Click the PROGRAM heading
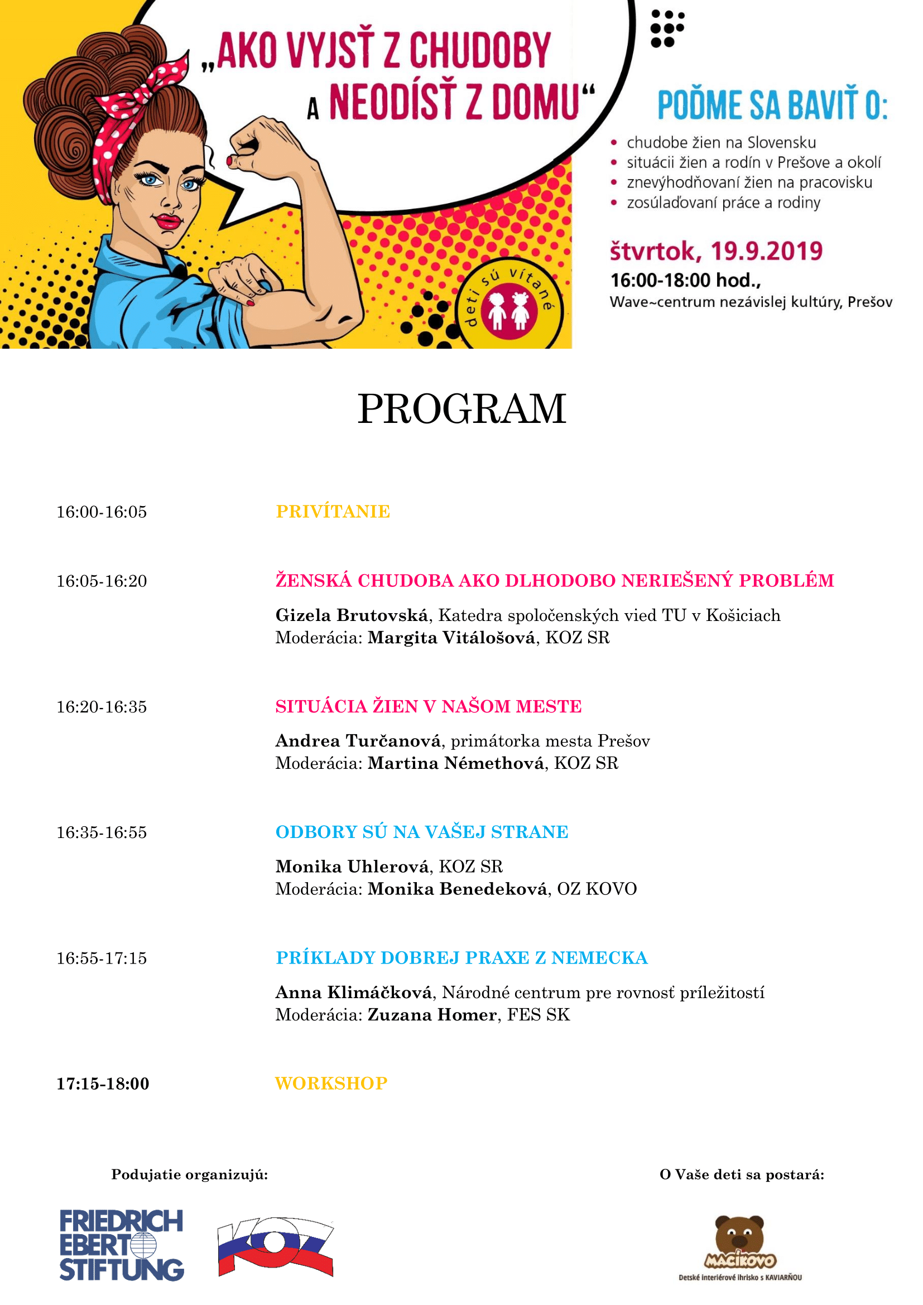pyautogui.click(x=461, y=409)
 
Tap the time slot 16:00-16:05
pyautogui.click(x=102, y=512)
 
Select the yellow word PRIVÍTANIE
pyautogui.click(x=333, y=512)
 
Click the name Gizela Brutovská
pyautogui.click(x=351, y=615)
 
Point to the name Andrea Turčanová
pyautogui.click(x=358, y=740)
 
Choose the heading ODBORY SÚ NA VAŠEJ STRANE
pyautogui.click(x=422, y=832)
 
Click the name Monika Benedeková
pyautogui.click(x=458, y=889)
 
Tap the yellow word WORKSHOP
pyautogui.click(x=331, y=1084)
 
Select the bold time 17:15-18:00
pyautogui.click(x=103, y=1084)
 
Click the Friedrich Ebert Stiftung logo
pyautogui.click(x=122, y=1245)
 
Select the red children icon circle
pyautogui.click(x=509, y=310)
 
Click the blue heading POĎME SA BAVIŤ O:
pyautogui.click(x=772, y=105)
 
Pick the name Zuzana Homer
pyautogui.click(x=432, y=1014)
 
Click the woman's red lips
pyautogui.click(x=168, y=220)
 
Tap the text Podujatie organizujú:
pyautogui.click(x=189, y=1174)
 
